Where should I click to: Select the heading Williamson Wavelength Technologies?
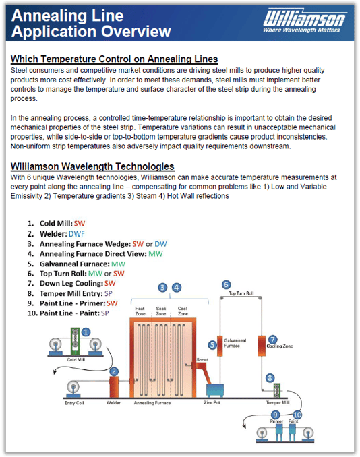click(92, 166)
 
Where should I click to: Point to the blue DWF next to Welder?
click(78, 233)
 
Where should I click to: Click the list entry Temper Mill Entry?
click(71, 294)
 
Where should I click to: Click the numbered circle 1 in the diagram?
click(86, 332)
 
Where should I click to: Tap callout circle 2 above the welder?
click(115, 371)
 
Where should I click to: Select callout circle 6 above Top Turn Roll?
click(226, 285)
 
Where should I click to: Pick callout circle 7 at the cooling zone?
click(273, 339)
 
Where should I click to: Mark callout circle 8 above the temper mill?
click(270, 378)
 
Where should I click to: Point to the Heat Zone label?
click(141, 311)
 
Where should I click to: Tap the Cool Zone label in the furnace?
click(181, 311)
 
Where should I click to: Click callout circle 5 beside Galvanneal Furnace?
click(212, 345)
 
